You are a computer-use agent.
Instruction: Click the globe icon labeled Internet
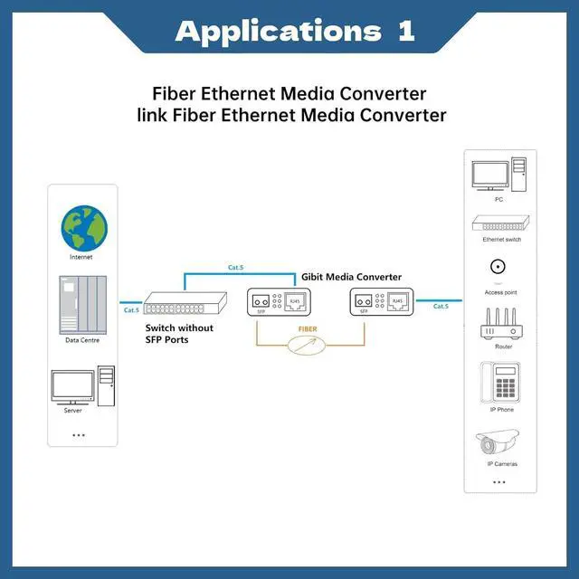tap(84, 229)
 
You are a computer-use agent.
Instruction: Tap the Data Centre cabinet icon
tap(82, 305)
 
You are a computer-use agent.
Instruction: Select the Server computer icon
tap(82, 386)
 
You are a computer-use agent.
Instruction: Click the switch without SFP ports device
tap(185, 303)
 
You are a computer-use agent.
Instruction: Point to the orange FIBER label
tap(308, 329)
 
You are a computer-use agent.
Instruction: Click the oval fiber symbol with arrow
tap(307, 346)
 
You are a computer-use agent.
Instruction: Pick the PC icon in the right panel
tap(498, 175)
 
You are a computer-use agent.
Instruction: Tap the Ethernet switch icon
tap(500, 223)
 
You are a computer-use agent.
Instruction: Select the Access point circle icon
tap(498, 267)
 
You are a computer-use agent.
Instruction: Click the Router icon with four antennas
tap(501, 324)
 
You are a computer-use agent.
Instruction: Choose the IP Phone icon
tap(500, 382)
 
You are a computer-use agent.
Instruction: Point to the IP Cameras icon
tap(498, 441)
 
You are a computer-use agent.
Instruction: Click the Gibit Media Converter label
tap(351, 277)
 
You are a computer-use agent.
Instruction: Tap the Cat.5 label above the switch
tap(235, 268)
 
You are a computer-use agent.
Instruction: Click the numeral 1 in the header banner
tap(406, 32)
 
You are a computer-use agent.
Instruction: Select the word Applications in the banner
tap(278, 33)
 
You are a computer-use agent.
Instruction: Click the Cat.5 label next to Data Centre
tap(131, 310)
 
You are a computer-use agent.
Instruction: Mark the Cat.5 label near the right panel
tap(441, 307)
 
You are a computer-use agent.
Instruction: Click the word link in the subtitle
tap(152, 115)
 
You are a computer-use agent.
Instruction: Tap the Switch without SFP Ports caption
tap(179, 334)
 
